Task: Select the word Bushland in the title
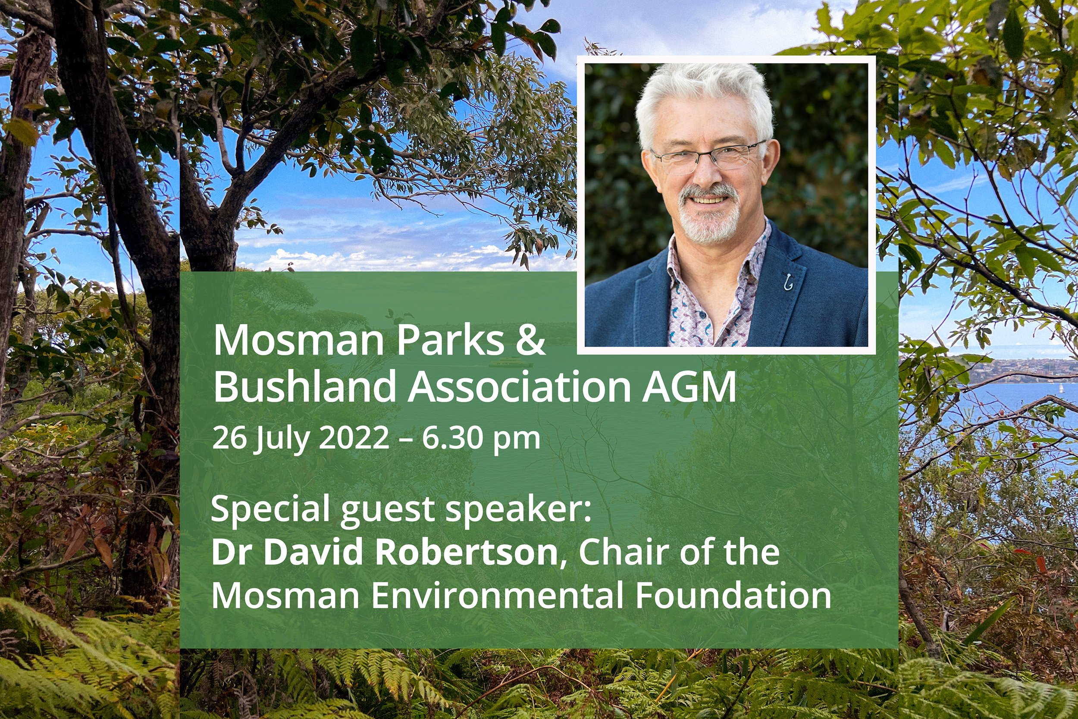304,386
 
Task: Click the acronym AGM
689,387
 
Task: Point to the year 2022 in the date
354,438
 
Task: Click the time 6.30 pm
481,438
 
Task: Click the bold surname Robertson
466,552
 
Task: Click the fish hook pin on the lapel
788,282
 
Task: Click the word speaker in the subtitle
518,509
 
